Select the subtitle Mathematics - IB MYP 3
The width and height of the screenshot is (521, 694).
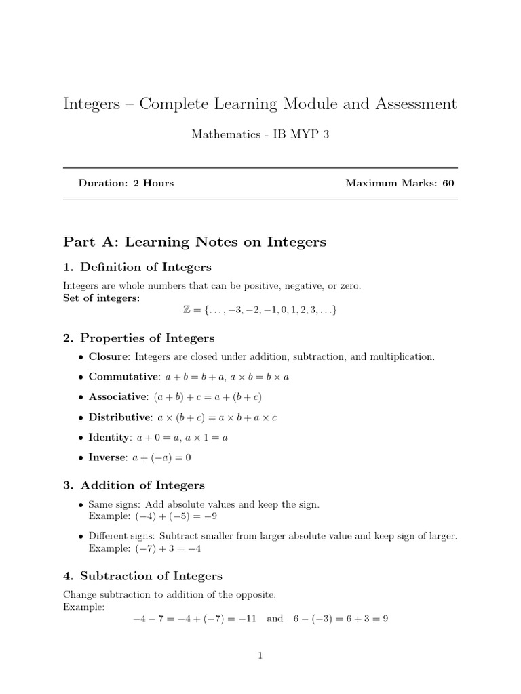(x=260, y=134)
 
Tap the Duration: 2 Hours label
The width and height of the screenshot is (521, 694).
(x=126, y=183)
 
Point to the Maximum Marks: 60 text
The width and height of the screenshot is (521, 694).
(x=400, y=183)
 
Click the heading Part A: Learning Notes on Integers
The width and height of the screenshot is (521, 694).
(x=195, y=242)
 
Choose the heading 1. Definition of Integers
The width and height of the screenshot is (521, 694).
(x=137, y=267)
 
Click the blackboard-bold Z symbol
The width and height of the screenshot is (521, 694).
(x=179, y=310)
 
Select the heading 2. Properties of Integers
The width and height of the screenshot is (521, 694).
(x=138, y=338)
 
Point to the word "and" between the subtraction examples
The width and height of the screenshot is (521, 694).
(x=275, y=619)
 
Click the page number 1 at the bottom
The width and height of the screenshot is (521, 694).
(x=260, y=655)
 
